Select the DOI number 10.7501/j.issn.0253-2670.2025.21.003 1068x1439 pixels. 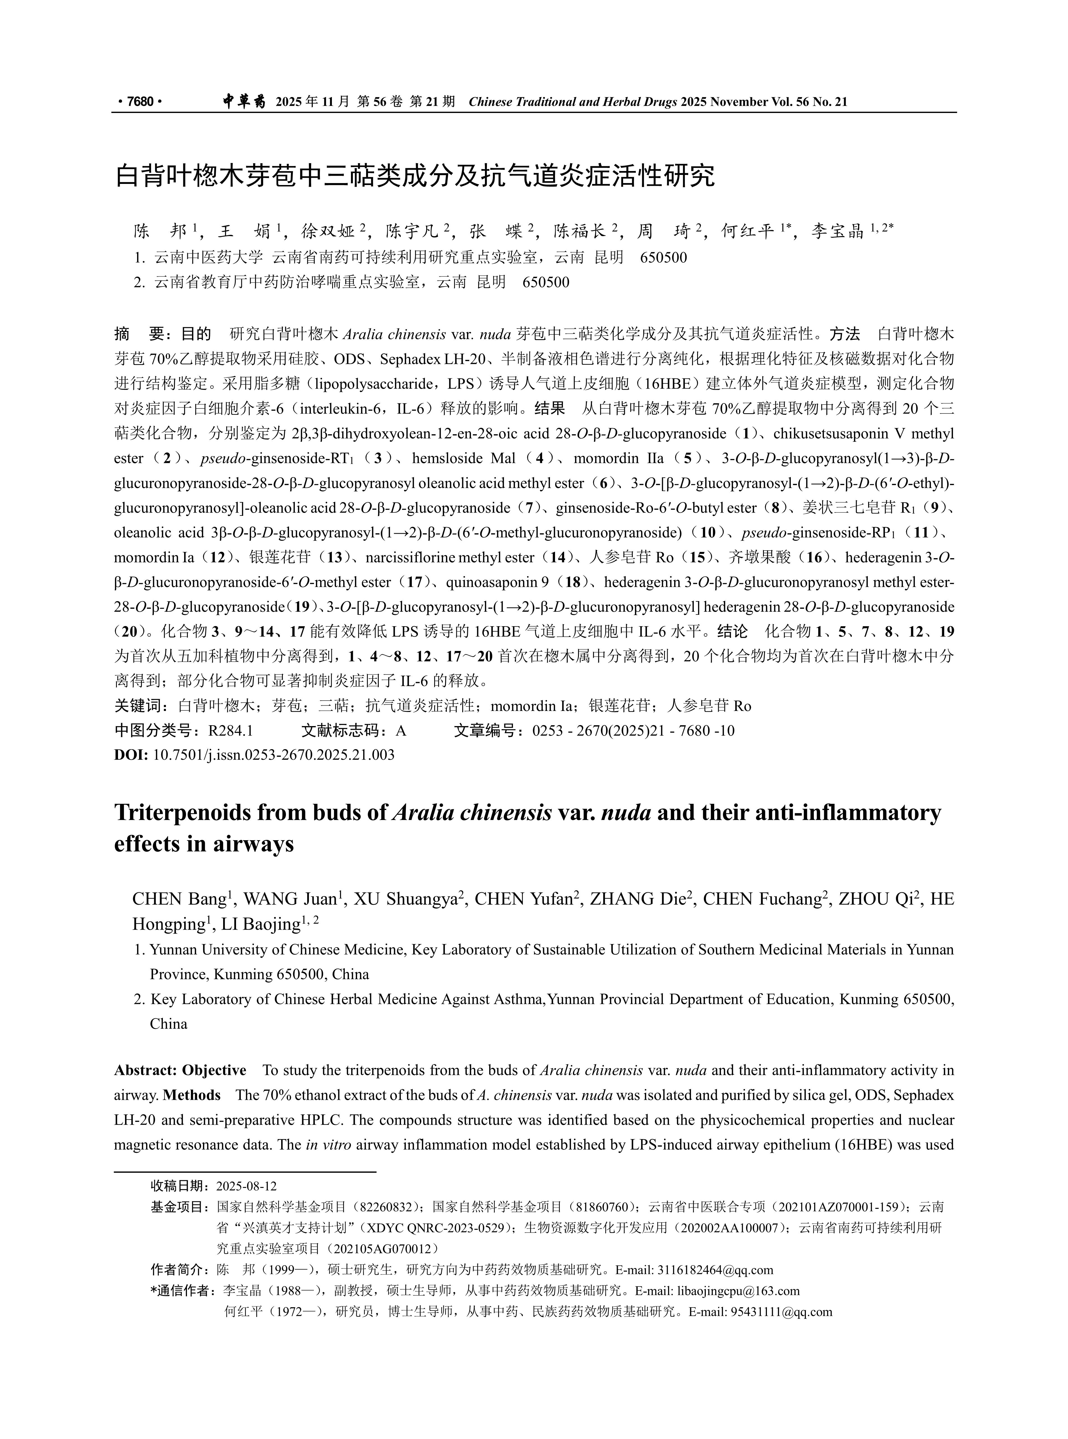pyautogui.click(x=274, y=754)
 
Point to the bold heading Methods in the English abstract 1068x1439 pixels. pyautogui.click(x=192, y=1095)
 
